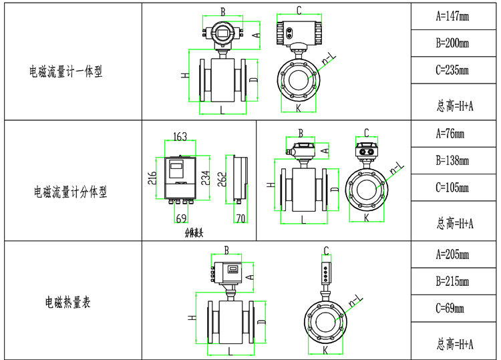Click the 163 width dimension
(x=180, y=137)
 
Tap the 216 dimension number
(x=153, y=178)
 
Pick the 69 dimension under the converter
(x=180, y=218)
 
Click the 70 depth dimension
(x=240, y=218)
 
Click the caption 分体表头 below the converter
(x=194, y=233)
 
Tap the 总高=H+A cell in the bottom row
(x=454, y=344)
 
